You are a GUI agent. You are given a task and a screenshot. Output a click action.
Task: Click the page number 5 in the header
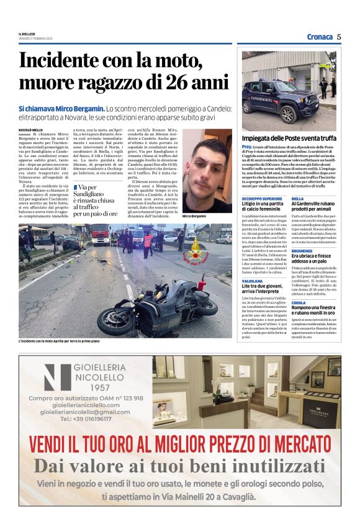point(339,37)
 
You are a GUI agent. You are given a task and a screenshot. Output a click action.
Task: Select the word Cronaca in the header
point(320,37)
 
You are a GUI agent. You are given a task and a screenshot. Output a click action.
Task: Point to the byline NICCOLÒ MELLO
point(31,130)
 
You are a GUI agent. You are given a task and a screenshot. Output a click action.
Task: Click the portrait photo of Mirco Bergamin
point(207,171)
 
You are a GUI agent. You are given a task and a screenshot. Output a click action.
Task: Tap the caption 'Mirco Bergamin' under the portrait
point(194,215)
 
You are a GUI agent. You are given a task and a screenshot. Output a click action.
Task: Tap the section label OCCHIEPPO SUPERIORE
point(262,199)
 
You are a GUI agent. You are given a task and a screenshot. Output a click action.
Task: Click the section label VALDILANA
point(252,281)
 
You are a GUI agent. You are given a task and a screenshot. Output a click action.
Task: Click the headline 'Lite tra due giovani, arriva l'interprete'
point(266,290)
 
